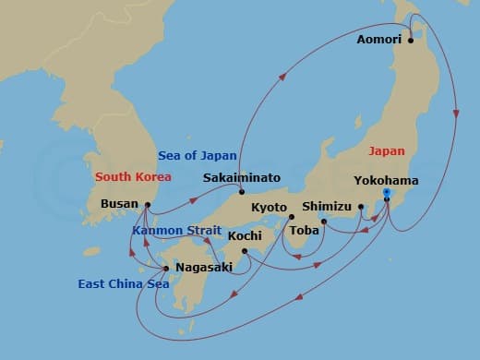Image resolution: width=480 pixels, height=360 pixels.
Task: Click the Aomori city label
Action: click(379, 40)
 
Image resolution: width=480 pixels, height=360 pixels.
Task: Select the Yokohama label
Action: click(386, 181)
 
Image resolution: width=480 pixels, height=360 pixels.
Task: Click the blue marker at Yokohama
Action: click(386, 194)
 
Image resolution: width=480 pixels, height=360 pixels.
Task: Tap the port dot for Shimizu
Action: click(361, 207)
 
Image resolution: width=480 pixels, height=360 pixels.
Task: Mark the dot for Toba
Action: click(324, 222)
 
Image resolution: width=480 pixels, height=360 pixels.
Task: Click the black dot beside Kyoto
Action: click(292, 218)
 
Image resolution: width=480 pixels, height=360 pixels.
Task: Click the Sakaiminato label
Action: click(243, 177)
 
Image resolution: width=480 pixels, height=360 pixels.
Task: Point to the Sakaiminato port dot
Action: click(241, 192)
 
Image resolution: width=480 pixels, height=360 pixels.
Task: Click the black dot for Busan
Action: click(148, 204)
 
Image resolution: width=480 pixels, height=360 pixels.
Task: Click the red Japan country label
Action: click(386, 150)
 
